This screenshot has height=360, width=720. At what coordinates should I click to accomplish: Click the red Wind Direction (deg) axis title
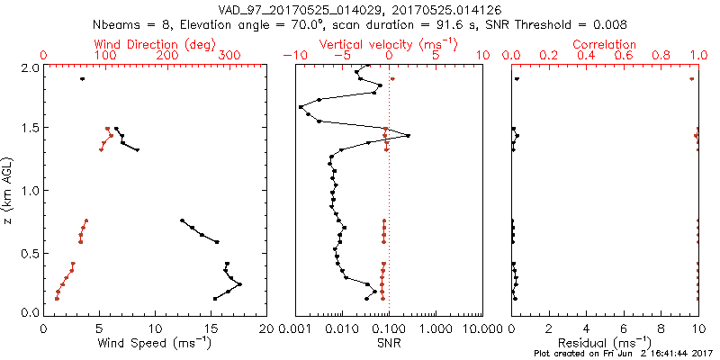click(156, 44)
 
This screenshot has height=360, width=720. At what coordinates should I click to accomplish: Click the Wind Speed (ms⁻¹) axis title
click(156, 342)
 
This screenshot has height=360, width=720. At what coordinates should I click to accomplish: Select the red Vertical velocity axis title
click(388, 44)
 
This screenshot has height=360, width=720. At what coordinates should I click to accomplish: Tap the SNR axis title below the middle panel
click(389, 342)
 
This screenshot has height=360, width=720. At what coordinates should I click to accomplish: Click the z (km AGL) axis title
click(10, 190)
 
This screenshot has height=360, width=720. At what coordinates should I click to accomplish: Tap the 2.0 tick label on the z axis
click(30, 68)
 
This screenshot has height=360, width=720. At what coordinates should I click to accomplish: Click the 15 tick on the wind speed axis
click(211, 328)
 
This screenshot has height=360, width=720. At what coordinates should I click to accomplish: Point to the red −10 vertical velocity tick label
click(294, 56)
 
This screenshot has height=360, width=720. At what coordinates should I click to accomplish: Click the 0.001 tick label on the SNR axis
click(296, 328)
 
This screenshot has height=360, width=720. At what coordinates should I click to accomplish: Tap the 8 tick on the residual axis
click(661, 328)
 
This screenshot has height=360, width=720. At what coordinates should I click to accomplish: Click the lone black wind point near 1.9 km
click(82, 79)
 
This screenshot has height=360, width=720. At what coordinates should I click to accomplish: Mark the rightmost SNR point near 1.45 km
click(409, 136)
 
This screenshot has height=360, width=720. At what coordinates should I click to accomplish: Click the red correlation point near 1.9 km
click(691, 79)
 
